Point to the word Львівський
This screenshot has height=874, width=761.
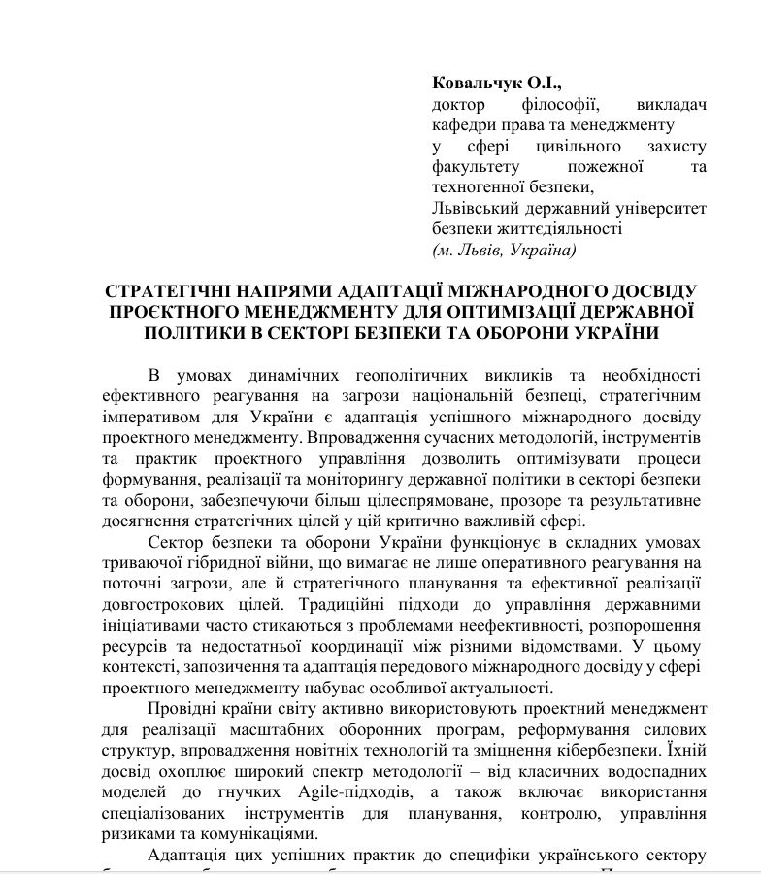(473, 208)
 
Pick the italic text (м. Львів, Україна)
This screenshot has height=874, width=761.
(504, 250)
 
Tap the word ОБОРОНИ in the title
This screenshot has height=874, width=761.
(531, 332)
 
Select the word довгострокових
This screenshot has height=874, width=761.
(158, 604)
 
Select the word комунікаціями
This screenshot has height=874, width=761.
(260, 834)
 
